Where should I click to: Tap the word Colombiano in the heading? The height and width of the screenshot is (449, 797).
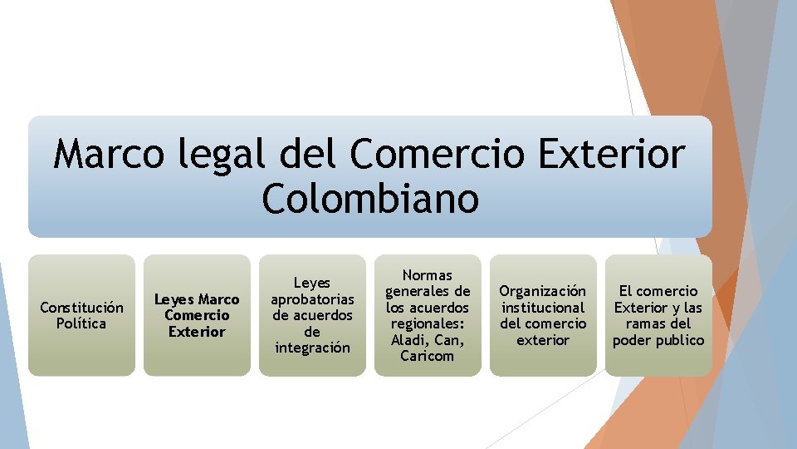coord(370,198)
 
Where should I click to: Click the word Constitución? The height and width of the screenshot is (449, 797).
coord(81,308)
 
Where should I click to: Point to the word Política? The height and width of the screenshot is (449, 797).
coord(81,323)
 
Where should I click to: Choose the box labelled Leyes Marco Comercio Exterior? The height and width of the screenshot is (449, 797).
coord(197,315)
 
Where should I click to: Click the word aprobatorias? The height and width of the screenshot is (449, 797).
coord(312,299)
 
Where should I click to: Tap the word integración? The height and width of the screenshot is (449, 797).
coord(312,348)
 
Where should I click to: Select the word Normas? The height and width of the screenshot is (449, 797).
coord(428,275)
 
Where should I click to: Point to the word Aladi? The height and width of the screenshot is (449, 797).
coord(407,340)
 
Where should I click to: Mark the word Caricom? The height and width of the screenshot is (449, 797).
coord(428,356)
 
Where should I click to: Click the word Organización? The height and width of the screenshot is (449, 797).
coord(543,291)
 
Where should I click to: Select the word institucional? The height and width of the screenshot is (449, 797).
coord(543,308)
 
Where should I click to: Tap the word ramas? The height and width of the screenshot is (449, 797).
coord(645,323)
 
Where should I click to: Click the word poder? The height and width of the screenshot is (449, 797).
coord(631,340)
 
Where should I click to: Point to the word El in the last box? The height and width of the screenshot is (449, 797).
coord(626,291)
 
